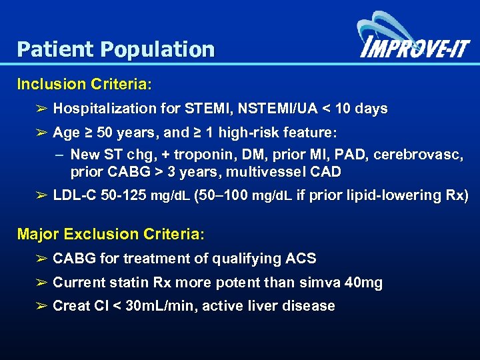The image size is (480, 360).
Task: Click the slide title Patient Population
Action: (x=116, y=49)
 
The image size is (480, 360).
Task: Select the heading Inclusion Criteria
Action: (x=85, y=85)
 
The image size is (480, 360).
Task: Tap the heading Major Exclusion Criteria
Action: (x=111, y=235)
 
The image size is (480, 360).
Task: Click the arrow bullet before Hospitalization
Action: (x=41, y=109)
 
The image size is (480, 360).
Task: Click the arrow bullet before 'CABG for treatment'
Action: (x=41, y=259)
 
